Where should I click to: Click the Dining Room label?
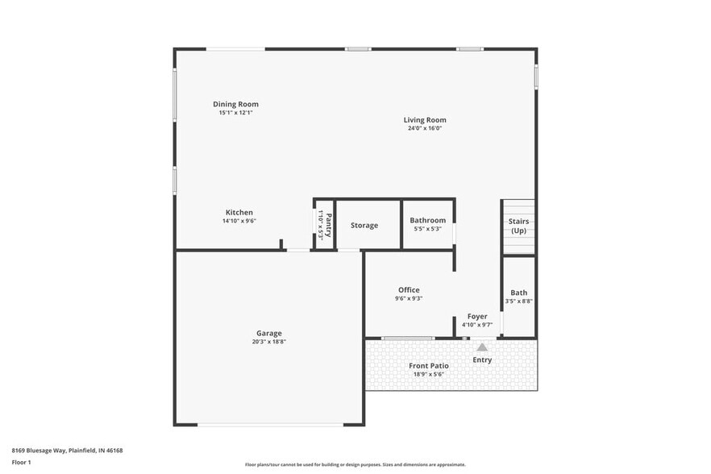235,104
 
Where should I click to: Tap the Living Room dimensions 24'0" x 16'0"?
425,129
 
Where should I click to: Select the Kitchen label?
239,212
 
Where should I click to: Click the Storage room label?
364,225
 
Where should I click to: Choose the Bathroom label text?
427,220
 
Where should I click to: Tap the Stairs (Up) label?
518,226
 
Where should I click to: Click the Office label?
409,289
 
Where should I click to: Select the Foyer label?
477,316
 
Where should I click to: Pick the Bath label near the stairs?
518,293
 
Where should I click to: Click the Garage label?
269,333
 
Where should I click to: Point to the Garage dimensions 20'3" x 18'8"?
269,342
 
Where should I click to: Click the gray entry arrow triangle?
482,347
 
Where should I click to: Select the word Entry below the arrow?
482,360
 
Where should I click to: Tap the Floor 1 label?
22,462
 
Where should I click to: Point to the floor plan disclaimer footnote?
355,465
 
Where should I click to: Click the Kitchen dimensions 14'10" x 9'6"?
239,221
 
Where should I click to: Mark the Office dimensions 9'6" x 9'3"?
409,298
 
